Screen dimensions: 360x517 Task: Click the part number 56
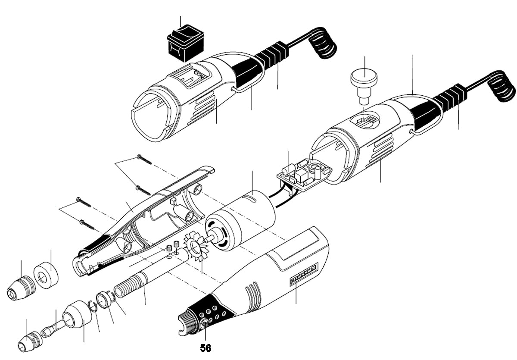206,347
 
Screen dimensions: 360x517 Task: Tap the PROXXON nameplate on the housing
303,274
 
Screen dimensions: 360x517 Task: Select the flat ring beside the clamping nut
47,274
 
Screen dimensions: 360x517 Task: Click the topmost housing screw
144,160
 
